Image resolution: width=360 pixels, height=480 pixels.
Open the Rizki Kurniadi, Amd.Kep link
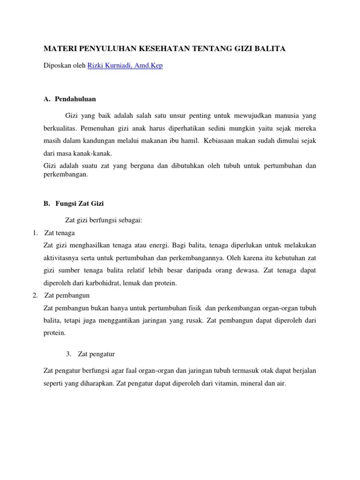click(125, 66)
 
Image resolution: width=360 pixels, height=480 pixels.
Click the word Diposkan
click(56, 66)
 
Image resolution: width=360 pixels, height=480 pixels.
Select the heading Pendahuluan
click(76, 99)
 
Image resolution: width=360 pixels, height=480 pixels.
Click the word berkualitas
click(60, 128)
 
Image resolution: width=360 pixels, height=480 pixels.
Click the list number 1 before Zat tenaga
click(35, 233)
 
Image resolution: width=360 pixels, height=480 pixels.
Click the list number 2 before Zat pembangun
click(35, 295)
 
